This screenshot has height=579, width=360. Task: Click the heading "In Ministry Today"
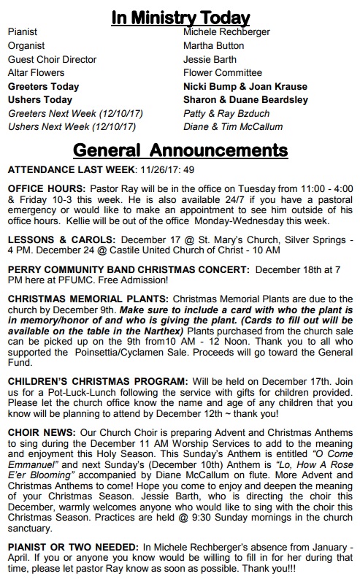click(180, 17)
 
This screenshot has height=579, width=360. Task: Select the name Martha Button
click(214, 45)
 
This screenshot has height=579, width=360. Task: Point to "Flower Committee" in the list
click(223, 73)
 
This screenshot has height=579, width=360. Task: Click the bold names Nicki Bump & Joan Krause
click(245, 86)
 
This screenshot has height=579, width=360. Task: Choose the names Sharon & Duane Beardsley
click(245, 100)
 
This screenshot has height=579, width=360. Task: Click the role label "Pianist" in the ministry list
click(22, 32)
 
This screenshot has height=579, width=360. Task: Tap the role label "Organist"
click(26, 45)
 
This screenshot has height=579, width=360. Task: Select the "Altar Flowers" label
click(37, 73)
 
